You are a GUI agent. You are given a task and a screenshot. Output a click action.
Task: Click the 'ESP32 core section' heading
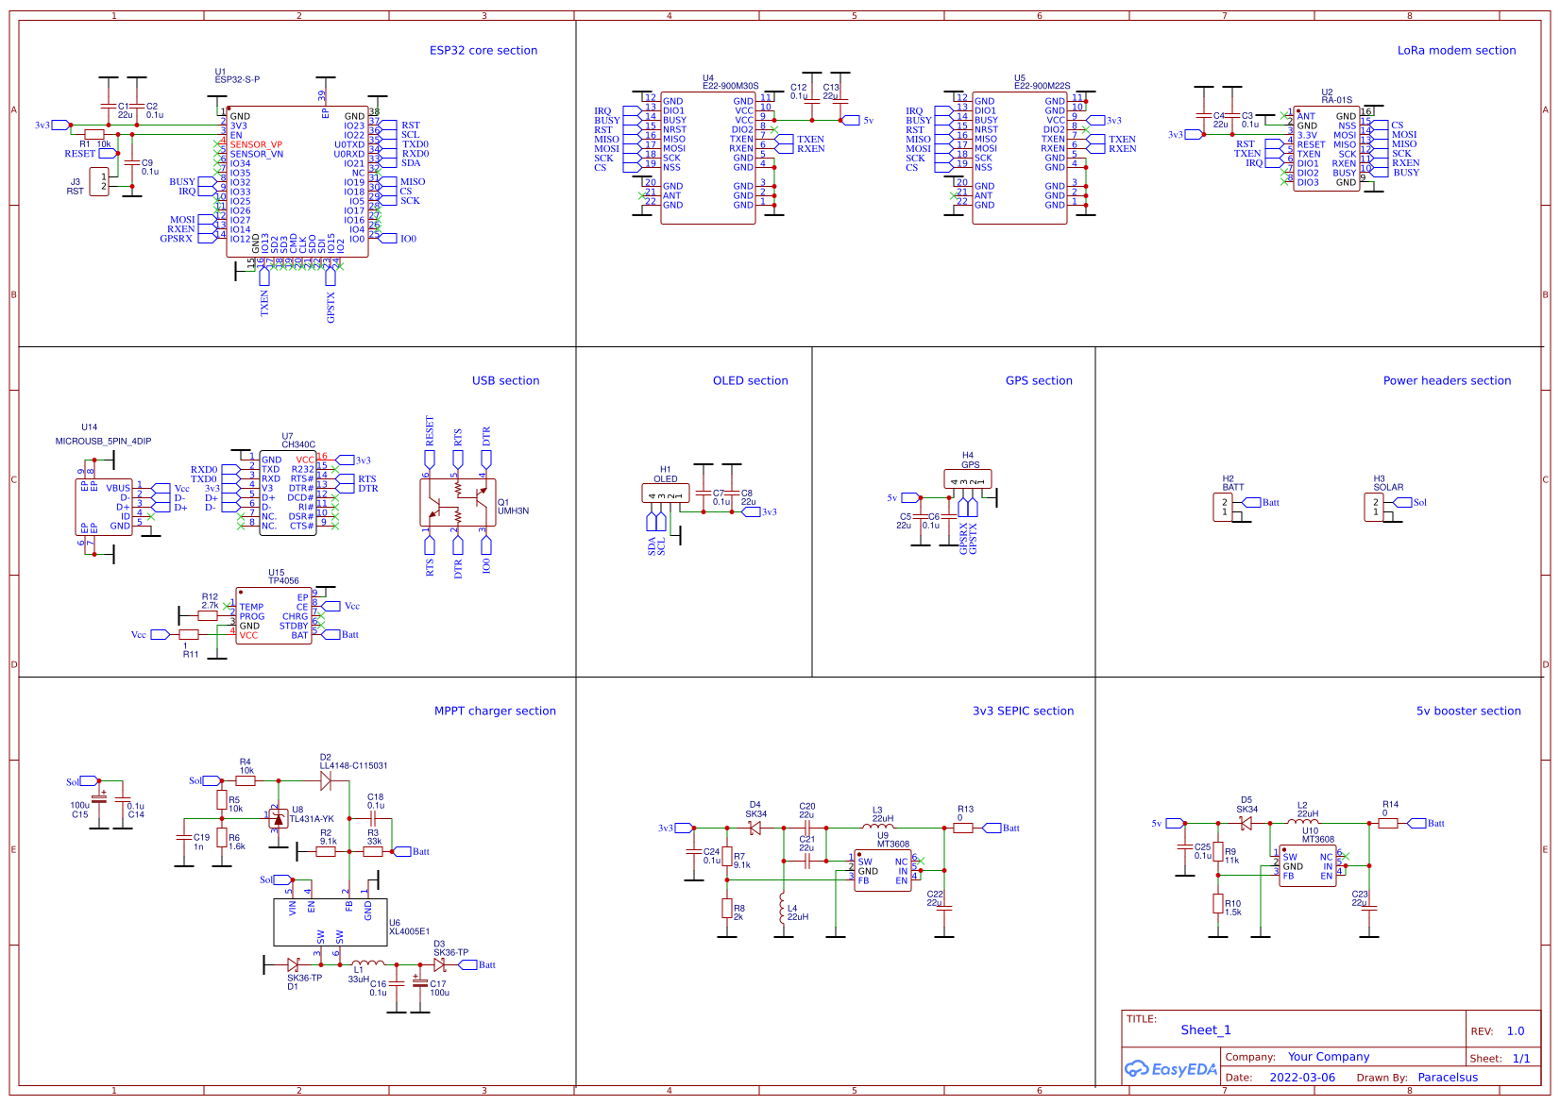[x=483, y=51]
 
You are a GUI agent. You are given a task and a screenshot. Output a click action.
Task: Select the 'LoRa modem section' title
[x=1456, y=51]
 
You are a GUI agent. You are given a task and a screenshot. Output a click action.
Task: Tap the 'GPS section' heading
[x=1039, y=381]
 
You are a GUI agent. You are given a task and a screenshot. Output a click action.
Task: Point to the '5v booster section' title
[x=1468, y=712]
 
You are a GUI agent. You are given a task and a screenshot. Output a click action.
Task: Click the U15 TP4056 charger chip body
[x=274, y=616]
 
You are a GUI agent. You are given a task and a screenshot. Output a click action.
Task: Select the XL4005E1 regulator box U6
[x=331, y=922]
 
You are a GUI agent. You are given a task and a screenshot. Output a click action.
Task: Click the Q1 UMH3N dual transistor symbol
[x=458, y=502]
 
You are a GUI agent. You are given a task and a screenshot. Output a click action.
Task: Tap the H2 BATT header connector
[x=1224, y=507]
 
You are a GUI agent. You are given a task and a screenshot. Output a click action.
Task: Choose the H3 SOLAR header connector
[x=1374, y=507]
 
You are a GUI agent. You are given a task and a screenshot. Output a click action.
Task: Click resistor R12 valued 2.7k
[x=208, y=616]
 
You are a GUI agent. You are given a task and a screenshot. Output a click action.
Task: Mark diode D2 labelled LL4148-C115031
[x=326, y=780]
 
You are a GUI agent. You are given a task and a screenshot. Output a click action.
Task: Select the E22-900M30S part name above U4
[x=730, y=86]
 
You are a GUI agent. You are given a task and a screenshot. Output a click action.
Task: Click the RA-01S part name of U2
[x=1336, y=100]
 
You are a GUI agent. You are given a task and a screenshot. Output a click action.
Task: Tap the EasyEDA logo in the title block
[x=1170, y=1069]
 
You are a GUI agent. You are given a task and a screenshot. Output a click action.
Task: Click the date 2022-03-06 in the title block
[x=1302, y=1078]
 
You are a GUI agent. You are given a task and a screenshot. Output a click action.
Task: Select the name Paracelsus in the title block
[x=1448, y=1078]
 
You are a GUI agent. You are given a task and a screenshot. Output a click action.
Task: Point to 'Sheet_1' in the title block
[x=1205, y=1030]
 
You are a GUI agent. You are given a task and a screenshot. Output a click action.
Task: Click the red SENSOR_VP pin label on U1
[x=256, y=144]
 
